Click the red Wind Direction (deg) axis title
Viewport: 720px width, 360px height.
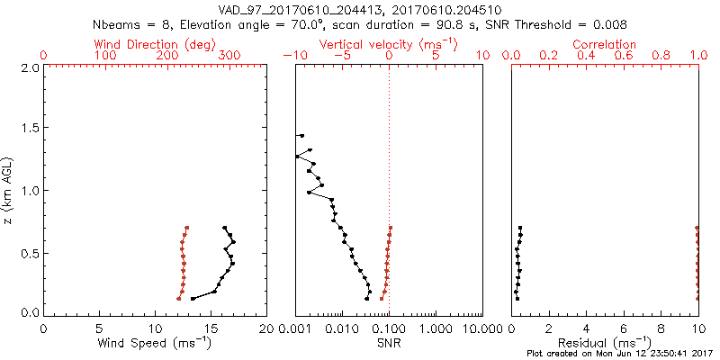coord(155,44)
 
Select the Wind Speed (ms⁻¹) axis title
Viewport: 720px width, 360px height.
coord(155,344)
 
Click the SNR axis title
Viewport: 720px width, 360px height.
coord(389,344)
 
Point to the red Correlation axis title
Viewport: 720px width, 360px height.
coord(605,44)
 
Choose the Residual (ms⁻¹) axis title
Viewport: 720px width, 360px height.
coord(605,344)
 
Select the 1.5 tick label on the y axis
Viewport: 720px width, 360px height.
coord(30,129)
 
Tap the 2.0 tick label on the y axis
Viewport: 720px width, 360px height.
coord(30,67)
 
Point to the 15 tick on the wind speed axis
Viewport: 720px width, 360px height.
coord(211,329)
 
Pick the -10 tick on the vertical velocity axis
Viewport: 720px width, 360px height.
coord(293,56)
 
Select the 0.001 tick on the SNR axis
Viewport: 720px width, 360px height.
coord(296,329)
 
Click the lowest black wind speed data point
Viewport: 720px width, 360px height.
coord(193,299)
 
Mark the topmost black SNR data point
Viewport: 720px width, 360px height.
coord(301,136)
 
